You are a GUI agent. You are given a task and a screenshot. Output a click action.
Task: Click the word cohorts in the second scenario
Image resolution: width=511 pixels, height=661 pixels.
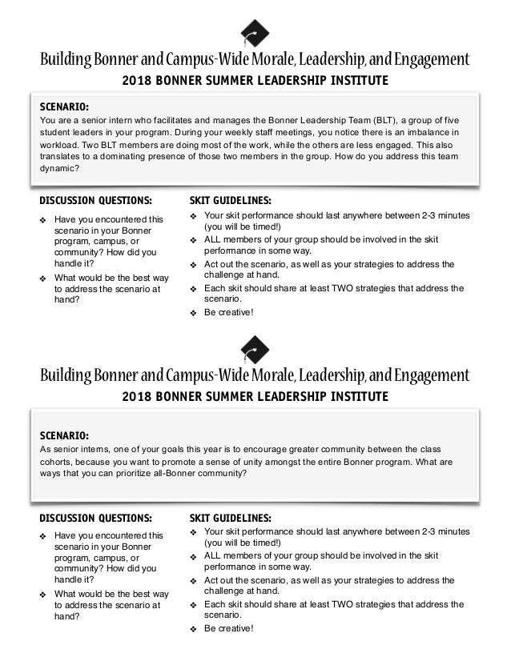(x=58, y=461)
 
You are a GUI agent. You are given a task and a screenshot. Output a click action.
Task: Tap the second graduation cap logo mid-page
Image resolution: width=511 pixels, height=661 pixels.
(x=255, y=349)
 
